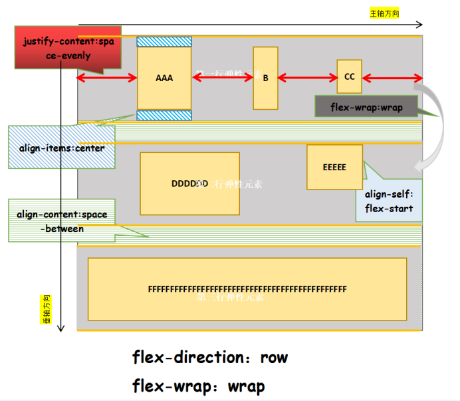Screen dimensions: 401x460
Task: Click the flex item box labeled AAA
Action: click(164, 78)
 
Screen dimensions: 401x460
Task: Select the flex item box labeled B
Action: click(265, 78)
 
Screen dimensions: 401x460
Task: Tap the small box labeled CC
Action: click(349, 76)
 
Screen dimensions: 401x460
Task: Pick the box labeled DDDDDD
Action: click(189, 184)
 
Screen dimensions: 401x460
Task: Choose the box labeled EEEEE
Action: click(334, 168)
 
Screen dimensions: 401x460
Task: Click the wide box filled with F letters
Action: click(247, 289)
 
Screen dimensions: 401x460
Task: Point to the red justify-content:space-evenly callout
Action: click(66, 47)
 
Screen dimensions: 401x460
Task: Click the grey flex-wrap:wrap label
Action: click(366, 106)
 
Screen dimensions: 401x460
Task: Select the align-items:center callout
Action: click(61, 148)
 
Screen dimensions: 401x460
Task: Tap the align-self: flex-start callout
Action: click(389, 201)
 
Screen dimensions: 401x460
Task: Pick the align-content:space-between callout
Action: click(61, 221)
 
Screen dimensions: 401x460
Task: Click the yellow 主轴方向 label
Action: click(384, 13)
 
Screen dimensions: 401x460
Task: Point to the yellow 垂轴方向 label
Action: click(46, 309)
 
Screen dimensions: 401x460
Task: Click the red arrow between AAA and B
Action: click(223, 78)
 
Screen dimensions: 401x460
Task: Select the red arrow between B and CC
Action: click(307, 78)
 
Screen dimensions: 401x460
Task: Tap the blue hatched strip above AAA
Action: click(164, 42)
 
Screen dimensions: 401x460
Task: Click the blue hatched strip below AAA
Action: click(164, 115)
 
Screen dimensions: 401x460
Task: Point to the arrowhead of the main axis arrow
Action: click(419, 25)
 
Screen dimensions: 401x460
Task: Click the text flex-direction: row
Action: click(210, 358)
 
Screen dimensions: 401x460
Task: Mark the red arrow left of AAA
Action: click(107, 78)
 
